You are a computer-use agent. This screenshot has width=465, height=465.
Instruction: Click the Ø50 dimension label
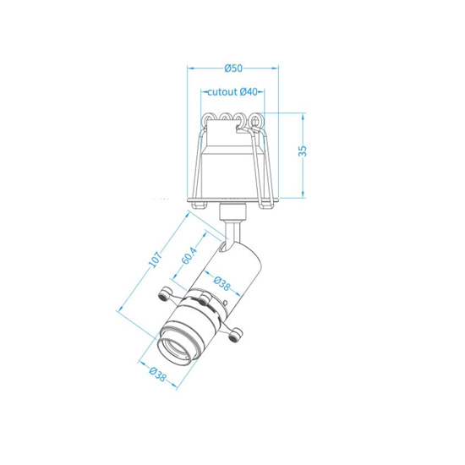point(233,68)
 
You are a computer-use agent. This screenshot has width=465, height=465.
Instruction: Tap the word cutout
point(222,92)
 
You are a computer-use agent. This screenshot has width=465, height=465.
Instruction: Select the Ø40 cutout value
point(249,92)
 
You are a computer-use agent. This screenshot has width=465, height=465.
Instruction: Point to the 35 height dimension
point(303,151)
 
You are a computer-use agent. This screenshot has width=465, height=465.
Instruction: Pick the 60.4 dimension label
point(189,255)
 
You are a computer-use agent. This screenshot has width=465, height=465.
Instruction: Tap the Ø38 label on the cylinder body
point(222,283)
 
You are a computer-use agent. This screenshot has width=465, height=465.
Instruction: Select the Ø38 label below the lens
point(157,375)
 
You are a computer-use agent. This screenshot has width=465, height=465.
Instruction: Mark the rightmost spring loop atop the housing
point(254,120)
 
